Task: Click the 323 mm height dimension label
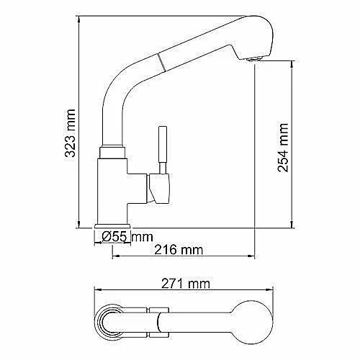[x=71, y=133]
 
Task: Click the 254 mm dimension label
[x=283, y=148]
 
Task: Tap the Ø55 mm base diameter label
[x=127, y=237]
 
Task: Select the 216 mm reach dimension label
[x=179, y=250]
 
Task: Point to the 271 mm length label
[x=186, y=284]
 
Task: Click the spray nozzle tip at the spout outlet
[x=255, y=59]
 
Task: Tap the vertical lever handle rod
[x=163, y=149]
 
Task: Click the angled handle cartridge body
[x=158, y=189]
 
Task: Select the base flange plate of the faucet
[x=112, y=226]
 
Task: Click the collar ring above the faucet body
[x=112, y=153]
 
